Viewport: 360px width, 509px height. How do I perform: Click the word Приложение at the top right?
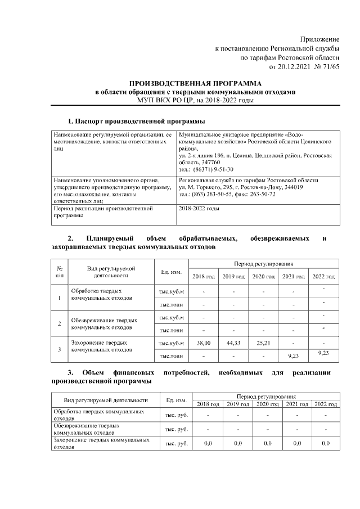click(321, 39)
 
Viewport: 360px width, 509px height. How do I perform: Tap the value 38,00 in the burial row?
click(203, 343)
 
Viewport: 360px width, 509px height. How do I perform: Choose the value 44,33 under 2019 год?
click(233, 343)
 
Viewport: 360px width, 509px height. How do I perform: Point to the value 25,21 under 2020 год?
click(263, 343)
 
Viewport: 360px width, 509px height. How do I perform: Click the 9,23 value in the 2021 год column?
click(293, 355)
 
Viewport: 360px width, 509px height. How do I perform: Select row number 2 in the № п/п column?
click(60, 323)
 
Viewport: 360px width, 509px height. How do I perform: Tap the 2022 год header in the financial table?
click(325, 404)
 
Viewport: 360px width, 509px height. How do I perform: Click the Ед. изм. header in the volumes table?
click(171, 272)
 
